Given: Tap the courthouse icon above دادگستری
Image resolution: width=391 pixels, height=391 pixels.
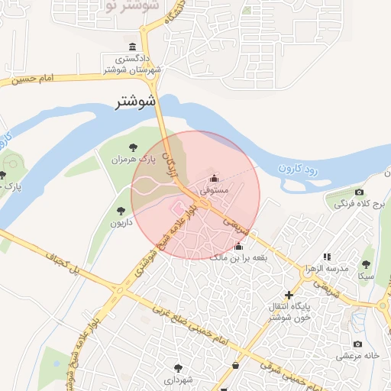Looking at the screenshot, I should coord(134,47).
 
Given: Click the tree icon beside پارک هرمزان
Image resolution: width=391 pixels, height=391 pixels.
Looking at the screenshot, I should coord(133,147).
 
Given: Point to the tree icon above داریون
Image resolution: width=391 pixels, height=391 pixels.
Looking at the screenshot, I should coord(120,211).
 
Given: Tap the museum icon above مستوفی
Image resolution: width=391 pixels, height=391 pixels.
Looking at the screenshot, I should coord(213,177).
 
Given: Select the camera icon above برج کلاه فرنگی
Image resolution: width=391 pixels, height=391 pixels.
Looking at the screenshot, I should coord(359,192).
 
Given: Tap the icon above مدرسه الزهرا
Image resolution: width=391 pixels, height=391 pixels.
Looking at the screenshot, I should coord(328,257).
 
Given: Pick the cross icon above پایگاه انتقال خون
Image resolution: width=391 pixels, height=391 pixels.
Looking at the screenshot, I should coord(289,295).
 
